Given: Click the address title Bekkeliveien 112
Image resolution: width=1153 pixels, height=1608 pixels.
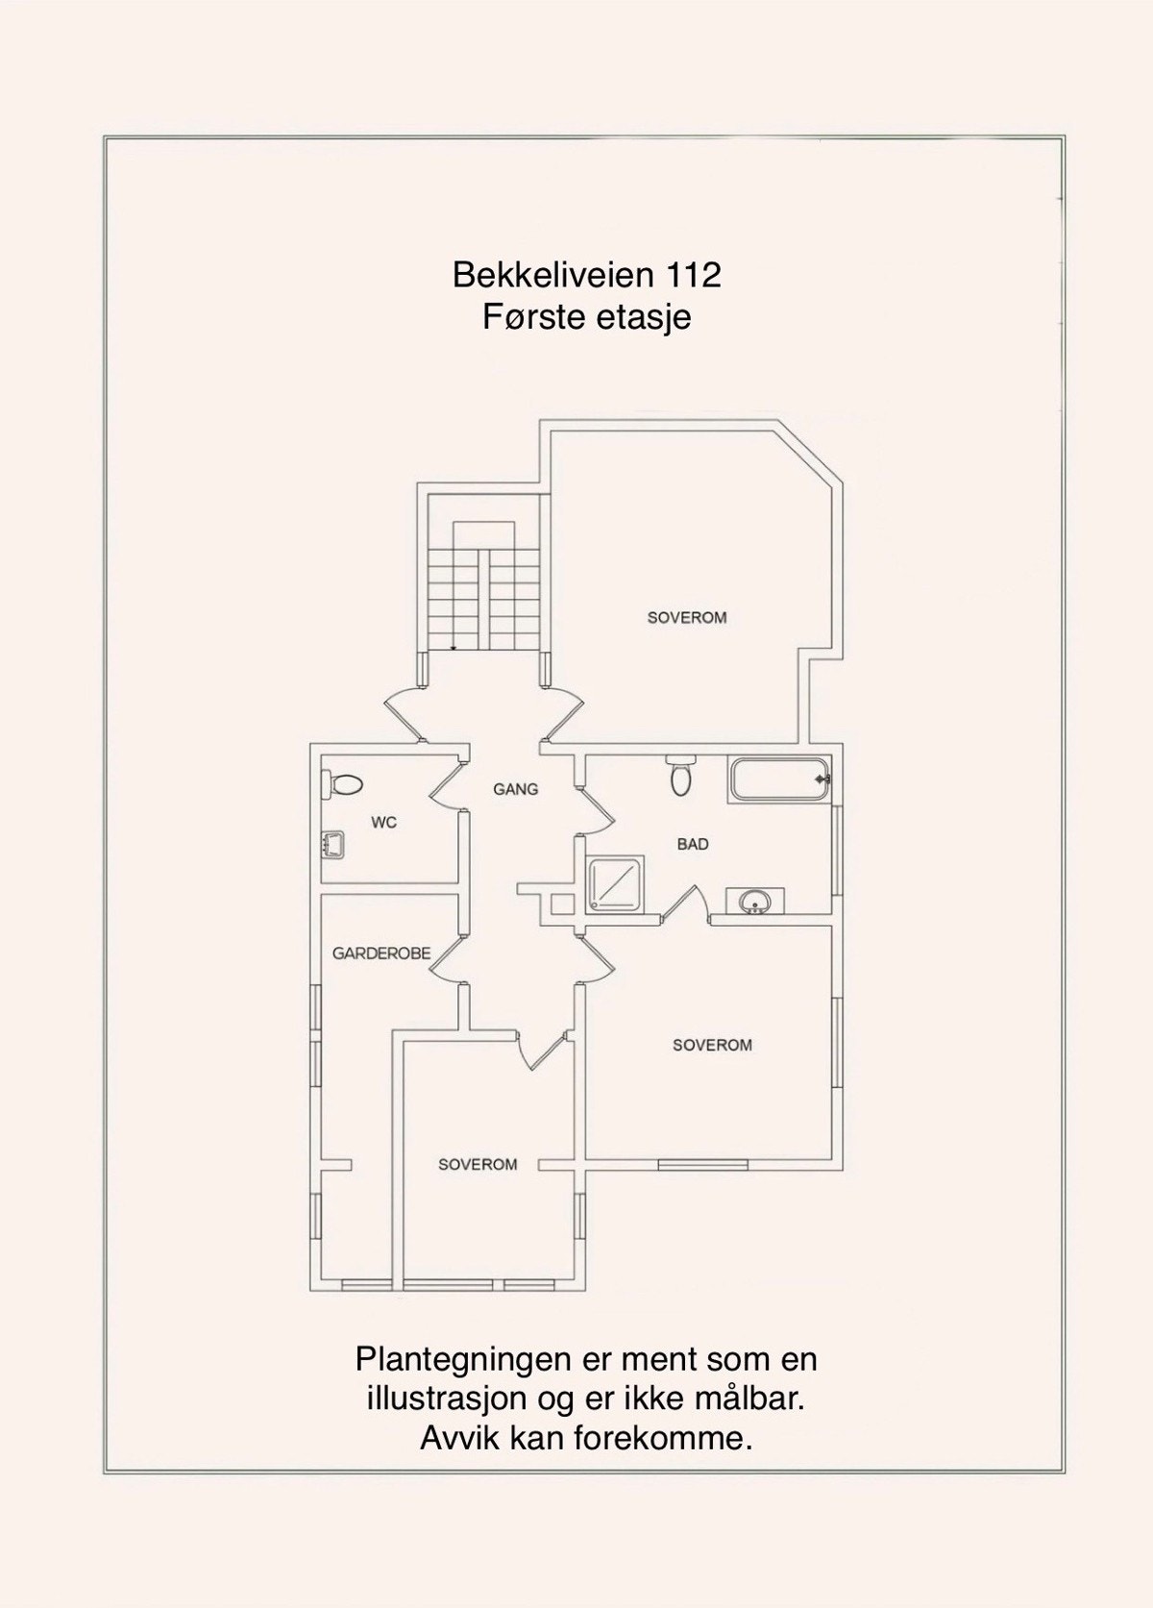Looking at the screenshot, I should pos(586,276).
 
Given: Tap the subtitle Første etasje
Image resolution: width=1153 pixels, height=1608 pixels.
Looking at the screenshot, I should pos(586,316).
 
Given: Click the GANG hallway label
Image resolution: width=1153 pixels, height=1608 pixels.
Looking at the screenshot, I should pos(516,789).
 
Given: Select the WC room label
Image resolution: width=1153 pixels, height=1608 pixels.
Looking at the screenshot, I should pos(383,823).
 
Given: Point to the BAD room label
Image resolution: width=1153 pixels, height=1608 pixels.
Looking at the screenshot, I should pos(693,844).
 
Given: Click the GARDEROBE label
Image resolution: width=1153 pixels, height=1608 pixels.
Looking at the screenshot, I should pos(381,953).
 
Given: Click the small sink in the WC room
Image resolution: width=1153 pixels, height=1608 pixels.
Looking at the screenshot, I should pos(333,846).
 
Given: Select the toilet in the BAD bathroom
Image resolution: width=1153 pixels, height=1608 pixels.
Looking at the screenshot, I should pos(680,776).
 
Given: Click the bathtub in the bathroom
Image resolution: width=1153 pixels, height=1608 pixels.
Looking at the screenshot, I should pos(779,779).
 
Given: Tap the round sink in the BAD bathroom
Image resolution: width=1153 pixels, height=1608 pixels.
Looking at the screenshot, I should pos(755,902).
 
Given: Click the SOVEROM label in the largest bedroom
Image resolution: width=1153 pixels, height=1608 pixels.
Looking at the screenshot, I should pos(687,617).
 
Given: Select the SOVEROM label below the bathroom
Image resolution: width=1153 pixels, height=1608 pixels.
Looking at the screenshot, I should pos(712,1045).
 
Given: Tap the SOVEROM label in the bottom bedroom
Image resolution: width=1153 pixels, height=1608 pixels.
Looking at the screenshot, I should pos(478,1164).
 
